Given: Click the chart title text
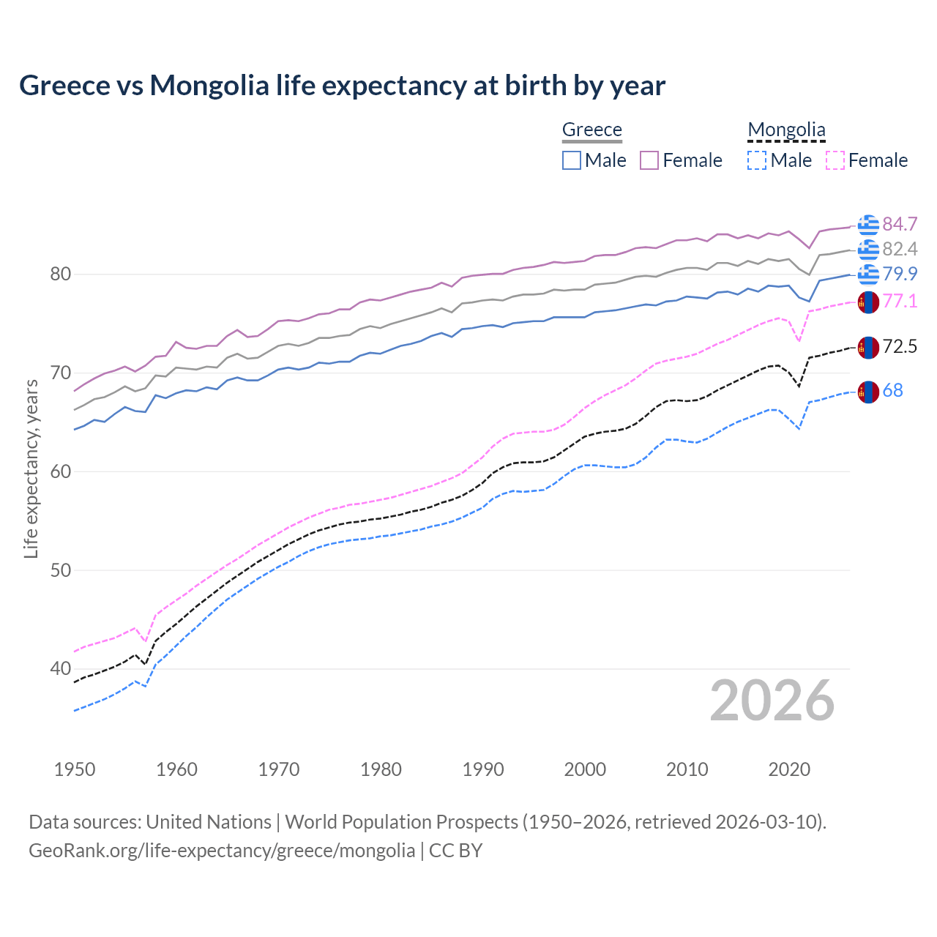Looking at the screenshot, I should [342, 86].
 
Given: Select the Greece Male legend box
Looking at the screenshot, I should [572, 160].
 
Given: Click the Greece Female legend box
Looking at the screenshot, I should [649, 160].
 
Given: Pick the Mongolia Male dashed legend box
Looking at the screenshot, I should [757, 160].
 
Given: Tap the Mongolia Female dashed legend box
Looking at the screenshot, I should [835, 160].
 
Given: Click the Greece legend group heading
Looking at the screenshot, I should [591, 130].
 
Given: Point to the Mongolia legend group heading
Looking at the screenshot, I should [786, 130].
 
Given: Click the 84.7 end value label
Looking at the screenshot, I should [900, 224].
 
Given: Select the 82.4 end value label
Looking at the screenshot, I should [900, 250].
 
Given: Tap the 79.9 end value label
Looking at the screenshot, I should [900, 274].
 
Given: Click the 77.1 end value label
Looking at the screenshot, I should [900, 301].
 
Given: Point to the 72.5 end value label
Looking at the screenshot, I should [900, 347].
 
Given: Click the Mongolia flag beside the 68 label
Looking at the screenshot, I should [868, 392].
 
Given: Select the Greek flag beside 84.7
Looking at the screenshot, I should [868, 225].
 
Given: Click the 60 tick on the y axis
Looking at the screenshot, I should [61, 471].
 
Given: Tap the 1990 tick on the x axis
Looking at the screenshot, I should [483, 769].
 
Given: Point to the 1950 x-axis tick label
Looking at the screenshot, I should [75, 769].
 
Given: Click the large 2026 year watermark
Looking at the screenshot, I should [772, 701].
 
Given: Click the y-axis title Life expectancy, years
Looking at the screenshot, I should [31, 468].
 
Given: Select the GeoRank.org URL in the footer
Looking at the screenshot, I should [222, 851].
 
